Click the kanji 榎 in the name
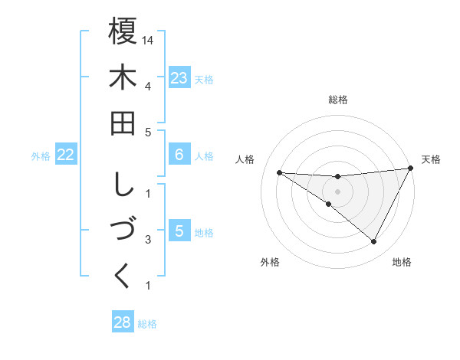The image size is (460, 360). (123, 31)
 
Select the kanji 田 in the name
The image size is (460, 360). (123, 123)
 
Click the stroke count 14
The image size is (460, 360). (148, 39)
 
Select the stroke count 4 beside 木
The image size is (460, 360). (147, 85)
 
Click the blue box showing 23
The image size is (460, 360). (179, 78)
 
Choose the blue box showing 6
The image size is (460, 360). (179, 155)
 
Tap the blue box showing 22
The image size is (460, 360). (66, 155)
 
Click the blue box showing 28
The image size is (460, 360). (122, 322)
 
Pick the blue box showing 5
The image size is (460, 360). (179, 231)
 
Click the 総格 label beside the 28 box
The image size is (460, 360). (147, 324)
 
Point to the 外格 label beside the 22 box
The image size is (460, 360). (41, 156)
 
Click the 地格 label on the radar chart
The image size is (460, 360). (402, 263)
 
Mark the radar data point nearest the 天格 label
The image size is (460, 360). (411, 168)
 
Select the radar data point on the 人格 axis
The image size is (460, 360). (279, 172)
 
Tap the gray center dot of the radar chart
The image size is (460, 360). (337, 190)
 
